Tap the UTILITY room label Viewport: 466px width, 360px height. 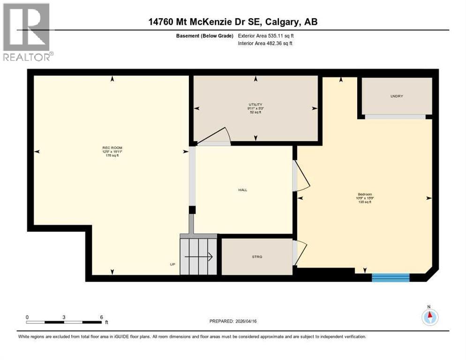tap(256, 105)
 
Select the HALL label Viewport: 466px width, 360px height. tap(242, 190)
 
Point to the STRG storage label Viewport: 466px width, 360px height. tap(256, 256)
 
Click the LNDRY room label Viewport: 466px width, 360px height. tap(397, 96)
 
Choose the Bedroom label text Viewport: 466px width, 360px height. tap(365, 194)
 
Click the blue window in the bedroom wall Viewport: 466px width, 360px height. tap(391, 277)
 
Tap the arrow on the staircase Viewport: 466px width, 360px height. tap(199, 257)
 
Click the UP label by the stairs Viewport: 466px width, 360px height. tap(173, 264)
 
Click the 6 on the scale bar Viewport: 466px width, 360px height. tap(101, 317)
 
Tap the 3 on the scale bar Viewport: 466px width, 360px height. tap(64, 317)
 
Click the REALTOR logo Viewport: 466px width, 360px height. tap(27, 32)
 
